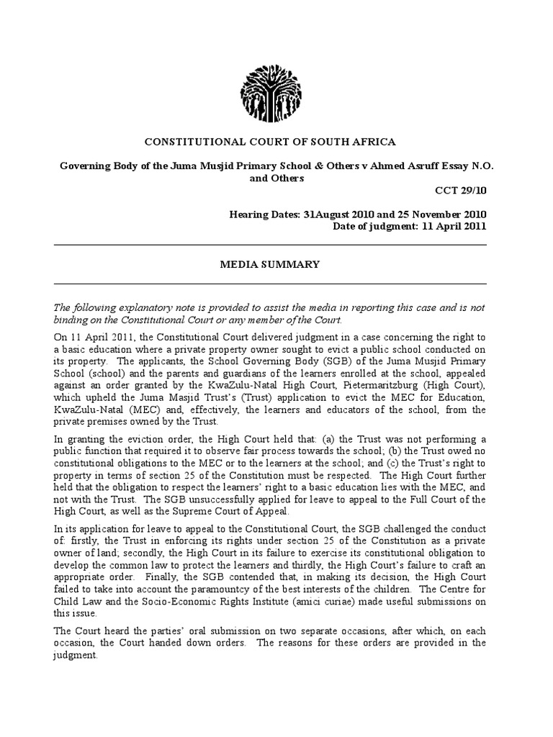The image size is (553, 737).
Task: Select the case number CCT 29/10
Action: [465, 191]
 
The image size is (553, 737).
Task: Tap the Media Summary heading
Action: [269, 264]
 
